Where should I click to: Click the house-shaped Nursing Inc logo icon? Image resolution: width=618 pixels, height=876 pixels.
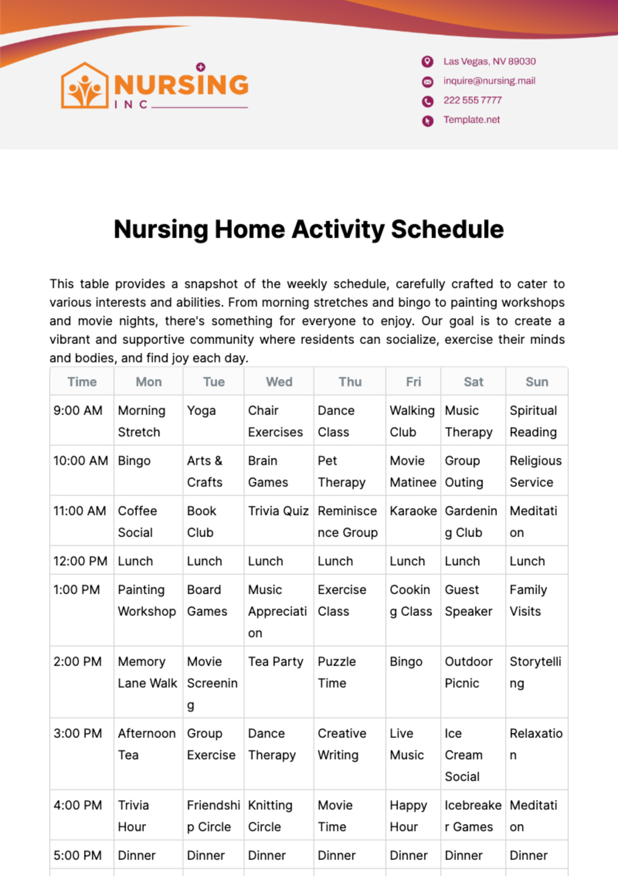(x=85, y=86)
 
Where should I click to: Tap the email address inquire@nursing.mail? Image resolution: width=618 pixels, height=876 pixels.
(x=489, y=81)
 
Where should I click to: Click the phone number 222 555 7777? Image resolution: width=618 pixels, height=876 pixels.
(x=472, y=100)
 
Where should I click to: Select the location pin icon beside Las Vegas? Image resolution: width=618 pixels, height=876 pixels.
(x=427, y=62)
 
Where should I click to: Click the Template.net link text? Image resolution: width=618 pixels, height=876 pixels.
(x=471, y=120)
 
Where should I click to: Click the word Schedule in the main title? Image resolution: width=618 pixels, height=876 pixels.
(x=447, y=230)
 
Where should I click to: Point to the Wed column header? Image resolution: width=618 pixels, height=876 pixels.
(x=279, y=382)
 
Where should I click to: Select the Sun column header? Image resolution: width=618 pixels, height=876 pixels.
(x=537, y=382)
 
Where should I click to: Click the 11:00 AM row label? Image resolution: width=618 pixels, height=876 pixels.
(x=80, y=511)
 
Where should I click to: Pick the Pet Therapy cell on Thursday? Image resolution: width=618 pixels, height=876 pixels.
(x=341, y=471)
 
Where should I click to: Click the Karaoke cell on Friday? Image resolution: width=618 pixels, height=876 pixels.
(x=413, y=511)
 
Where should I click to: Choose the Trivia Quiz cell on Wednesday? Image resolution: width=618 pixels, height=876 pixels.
(x=278, y=511)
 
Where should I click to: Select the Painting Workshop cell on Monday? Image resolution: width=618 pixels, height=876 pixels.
(x=146, y=600)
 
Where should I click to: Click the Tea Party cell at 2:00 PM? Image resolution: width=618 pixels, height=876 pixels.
(x=276, y=662)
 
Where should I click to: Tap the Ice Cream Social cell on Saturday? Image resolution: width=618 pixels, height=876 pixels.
(x=463, y=755)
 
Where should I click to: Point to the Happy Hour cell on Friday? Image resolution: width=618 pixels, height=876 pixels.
(x=408, y=816)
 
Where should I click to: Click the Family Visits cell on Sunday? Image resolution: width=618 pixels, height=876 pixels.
(x=528, y=600)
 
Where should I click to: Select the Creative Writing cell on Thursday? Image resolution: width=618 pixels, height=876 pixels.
(x=341, y=744)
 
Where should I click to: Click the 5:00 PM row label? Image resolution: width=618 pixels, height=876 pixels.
(x=77, y=855)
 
